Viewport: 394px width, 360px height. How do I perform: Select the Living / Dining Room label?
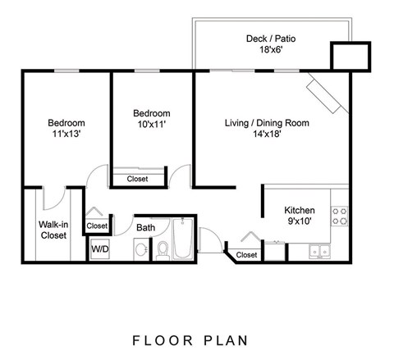(x=267, y=123)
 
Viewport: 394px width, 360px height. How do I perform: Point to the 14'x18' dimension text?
(x=267, y=136)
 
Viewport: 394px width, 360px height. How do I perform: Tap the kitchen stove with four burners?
(x=340, y=216)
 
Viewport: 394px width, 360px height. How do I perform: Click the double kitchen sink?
(x=319, y=251)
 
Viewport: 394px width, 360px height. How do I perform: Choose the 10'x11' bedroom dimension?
(x=151, y=125)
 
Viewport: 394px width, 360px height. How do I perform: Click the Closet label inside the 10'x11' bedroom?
(x=138, y=178)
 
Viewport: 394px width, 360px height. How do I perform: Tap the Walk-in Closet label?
(x=53, y=229)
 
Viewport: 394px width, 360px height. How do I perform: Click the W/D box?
(x=99, y=248)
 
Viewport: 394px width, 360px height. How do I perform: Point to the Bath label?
(x=146, y=227)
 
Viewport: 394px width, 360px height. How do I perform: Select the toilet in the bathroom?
(x=163, y=249)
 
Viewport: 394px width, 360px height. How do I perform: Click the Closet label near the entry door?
(x=246, y=255)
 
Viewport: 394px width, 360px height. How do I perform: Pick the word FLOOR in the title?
(x=160, y=338)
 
